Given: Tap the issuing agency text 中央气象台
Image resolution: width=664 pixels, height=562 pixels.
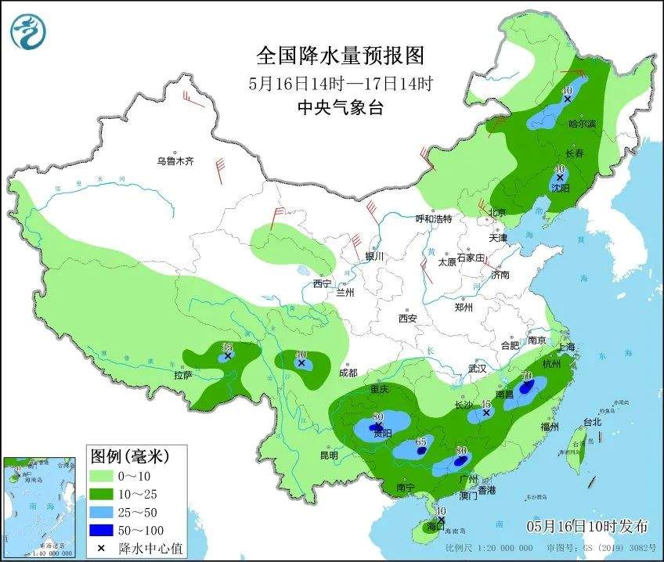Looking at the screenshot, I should [340, 109].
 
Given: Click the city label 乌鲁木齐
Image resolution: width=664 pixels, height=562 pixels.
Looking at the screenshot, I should [174, 161].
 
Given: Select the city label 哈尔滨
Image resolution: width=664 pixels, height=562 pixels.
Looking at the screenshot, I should [582, 124].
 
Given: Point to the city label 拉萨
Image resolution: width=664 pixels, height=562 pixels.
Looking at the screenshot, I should [183, 376].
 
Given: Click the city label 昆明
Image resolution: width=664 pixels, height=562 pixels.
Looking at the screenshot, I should [329, 455].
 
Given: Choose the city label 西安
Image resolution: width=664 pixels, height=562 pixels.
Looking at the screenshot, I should [408, 319].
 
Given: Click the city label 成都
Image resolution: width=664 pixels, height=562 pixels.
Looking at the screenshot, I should [348, 373].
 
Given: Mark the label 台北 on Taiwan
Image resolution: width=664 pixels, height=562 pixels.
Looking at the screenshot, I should [593, 422].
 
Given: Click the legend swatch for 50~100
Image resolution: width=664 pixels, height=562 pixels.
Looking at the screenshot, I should [103, 529].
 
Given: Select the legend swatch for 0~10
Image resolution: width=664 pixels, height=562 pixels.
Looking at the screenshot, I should [103, 475].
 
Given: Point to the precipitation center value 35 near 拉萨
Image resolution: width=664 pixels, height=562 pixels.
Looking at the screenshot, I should [228, 348].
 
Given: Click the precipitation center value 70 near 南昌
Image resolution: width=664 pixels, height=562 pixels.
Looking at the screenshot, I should [527, 377].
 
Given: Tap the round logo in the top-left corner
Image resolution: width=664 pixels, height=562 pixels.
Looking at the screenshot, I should [28, 32].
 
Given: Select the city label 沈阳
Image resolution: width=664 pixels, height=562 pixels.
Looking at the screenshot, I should [560, 189].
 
